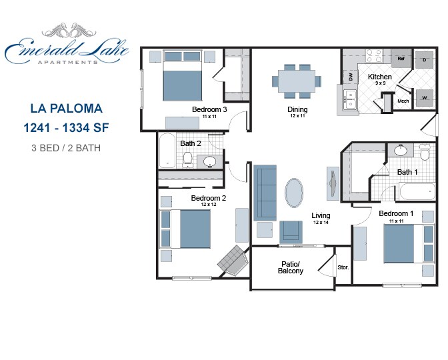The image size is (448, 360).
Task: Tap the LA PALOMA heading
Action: [66, 107]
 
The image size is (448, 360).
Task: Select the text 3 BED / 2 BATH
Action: [66, 148]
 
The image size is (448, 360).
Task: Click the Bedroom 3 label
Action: [209, 109]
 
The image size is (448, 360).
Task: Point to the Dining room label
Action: [297, 109]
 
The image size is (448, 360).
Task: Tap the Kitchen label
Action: [380, 77]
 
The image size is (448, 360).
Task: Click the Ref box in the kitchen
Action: [401, 59]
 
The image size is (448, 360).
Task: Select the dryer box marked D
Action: [424, 60]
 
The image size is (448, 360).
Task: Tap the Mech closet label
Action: [403, 101]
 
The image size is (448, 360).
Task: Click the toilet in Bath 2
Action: [188, 159]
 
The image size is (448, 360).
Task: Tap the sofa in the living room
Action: [266, 193]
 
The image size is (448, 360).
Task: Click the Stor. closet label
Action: [343, 267]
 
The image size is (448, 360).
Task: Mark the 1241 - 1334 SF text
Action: [66, 127]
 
